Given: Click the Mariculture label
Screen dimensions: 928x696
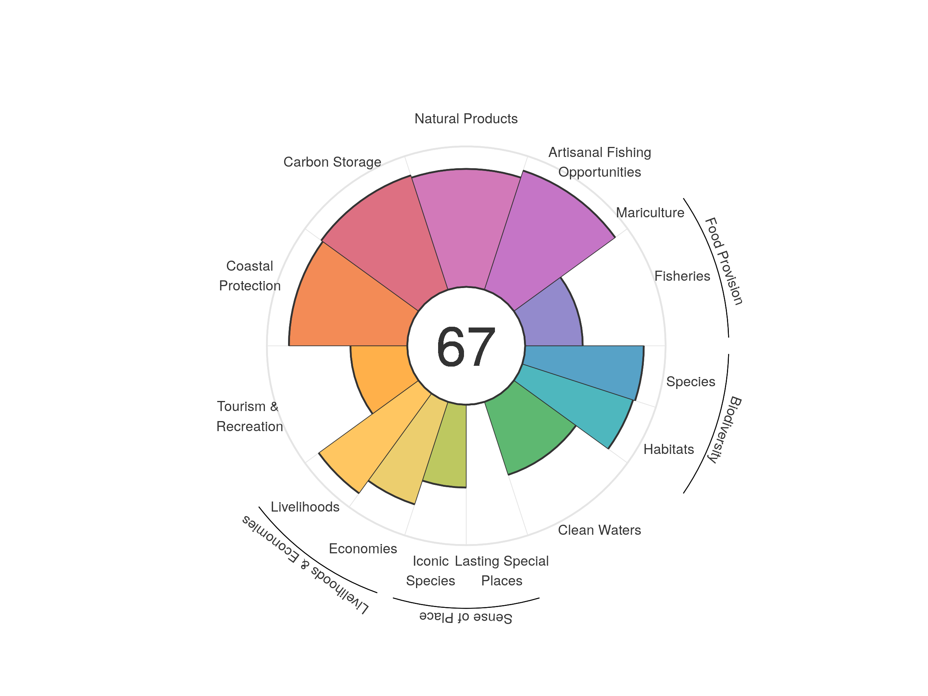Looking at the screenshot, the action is pyautogui.click(x=650, y=213).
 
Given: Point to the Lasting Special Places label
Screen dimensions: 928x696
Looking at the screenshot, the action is pyautogui.click(x=502, y=571).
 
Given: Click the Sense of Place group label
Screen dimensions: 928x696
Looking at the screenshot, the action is pyautogui.click(x=466, y=618).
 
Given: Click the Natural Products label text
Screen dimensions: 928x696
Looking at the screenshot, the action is pyautogui.click(x=466, y=119).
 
